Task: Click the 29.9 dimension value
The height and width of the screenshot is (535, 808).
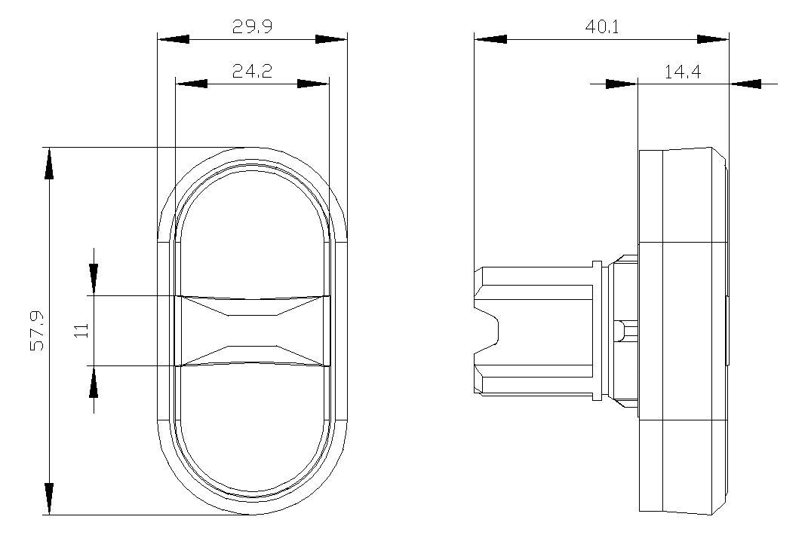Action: point(252,26)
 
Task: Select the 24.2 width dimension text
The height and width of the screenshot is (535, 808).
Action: point(252,71)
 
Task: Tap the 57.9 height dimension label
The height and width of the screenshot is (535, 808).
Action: point(37,331)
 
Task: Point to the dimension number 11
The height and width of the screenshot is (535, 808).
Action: point(82,330)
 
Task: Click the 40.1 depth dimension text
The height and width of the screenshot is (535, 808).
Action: point(601,26)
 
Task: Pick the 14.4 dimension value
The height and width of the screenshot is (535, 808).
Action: point(682,72)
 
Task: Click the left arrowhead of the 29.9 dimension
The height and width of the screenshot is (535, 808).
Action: point(174,38)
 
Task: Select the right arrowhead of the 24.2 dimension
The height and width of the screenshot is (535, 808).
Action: point(313,84)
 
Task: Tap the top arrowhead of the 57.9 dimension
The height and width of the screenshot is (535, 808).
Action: point(49,164)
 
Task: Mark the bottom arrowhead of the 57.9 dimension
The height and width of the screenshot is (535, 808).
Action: point(49,498)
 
